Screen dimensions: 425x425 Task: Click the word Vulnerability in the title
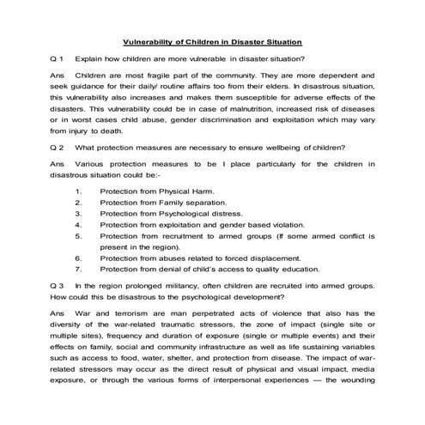(x=152, y=41)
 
